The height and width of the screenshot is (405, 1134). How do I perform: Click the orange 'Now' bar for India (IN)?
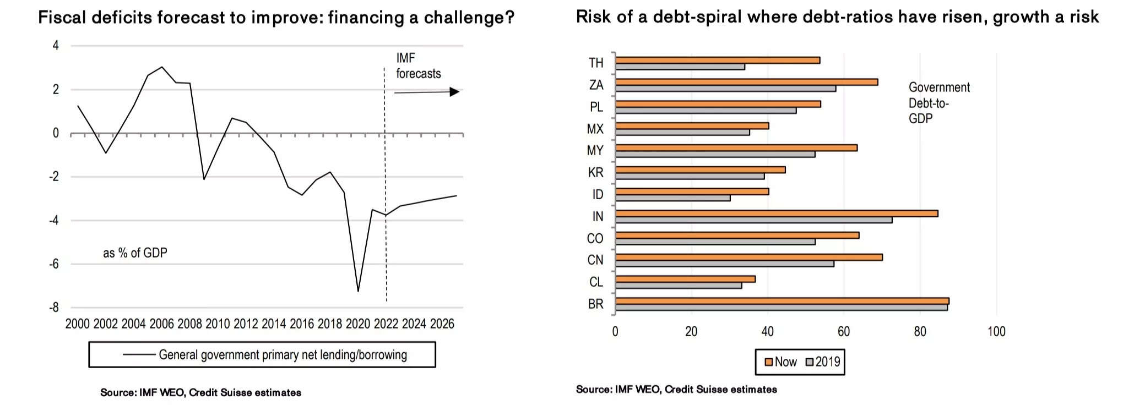tap(777, 214)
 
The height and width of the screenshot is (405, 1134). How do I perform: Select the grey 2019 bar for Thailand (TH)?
tap(680, 67)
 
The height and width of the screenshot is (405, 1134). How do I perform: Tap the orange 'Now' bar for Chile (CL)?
tap(685, 279)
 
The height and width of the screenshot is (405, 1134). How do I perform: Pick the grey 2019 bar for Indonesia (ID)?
tap(673, 198)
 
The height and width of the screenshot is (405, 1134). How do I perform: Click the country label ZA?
tap(596, 85)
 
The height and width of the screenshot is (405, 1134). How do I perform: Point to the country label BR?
tap(596, 304)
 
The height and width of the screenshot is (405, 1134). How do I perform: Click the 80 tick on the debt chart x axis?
tap(920, 331)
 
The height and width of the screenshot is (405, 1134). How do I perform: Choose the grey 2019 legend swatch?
tap(810, 362)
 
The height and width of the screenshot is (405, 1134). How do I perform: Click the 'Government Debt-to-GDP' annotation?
tap(938, 103)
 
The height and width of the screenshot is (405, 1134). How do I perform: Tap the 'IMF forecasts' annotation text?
tap(418, 66)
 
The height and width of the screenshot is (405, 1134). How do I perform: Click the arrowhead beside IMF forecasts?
tap(454, 92)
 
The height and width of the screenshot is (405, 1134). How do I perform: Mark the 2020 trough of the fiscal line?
tap(358, 291)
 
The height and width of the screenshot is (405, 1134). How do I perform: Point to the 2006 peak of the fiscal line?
tap(161, 67)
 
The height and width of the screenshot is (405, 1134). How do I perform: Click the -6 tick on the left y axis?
tap(54, 264)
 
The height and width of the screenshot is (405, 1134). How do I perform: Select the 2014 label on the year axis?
tap(274, 324)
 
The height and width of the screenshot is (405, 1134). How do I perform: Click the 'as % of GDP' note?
tap(135, 253)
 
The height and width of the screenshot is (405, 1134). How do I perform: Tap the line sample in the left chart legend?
tap(139, 355)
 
